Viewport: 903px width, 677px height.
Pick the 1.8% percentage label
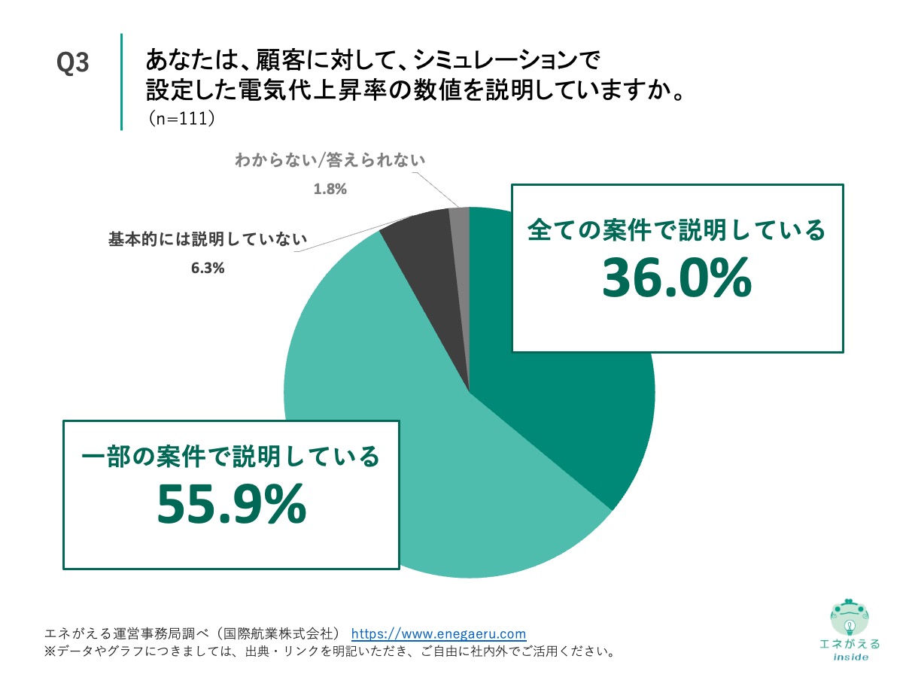330,189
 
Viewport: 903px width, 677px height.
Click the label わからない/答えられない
330,160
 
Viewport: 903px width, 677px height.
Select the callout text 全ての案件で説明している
676,229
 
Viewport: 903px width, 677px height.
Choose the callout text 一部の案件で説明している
230,455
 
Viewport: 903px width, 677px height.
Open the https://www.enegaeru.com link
439,633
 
